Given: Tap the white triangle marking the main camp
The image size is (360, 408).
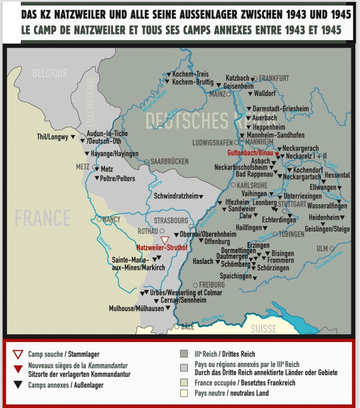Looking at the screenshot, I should pos(165,240).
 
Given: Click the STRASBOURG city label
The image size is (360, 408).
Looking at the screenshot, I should pos(171,221).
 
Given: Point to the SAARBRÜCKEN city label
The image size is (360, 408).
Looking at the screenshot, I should pos(169,161).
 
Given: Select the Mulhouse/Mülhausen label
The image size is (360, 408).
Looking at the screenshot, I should pos(136,308).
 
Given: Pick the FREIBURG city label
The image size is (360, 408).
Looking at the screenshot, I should pos(212,285).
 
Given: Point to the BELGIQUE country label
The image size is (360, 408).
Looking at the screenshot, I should pos(50,74).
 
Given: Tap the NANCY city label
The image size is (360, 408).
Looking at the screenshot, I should pos(112,220).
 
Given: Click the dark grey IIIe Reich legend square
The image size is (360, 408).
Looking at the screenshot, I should pos(184,354).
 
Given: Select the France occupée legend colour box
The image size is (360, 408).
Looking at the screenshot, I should pos(184,381).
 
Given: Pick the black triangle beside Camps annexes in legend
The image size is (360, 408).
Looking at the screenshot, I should pos(18,384).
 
